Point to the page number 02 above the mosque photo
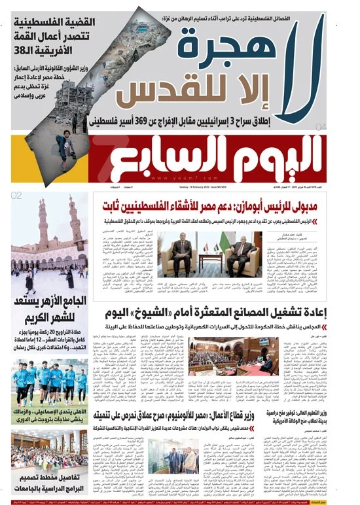(18, 195)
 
